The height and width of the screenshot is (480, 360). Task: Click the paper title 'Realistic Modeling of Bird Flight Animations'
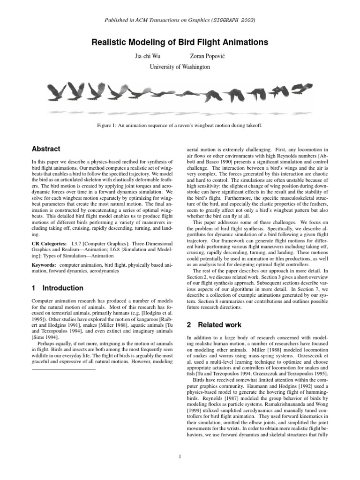(x=180, y=42)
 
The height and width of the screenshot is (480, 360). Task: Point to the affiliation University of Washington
(x=180, y=67)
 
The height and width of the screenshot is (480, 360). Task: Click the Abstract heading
(x=45, y=149)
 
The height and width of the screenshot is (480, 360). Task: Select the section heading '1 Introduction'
(x=57, y=288)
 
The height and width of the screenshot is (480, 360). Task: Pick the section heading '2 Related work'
(x=214, y=324)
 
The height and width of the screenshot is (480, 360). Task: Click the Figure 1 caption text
(x=180, y=126)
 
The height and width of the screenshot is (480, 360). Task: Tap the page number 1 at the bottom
(x=180, y=457)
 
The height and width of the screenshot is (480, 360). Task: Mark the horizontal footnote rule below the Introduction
(x=63, y=356)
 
